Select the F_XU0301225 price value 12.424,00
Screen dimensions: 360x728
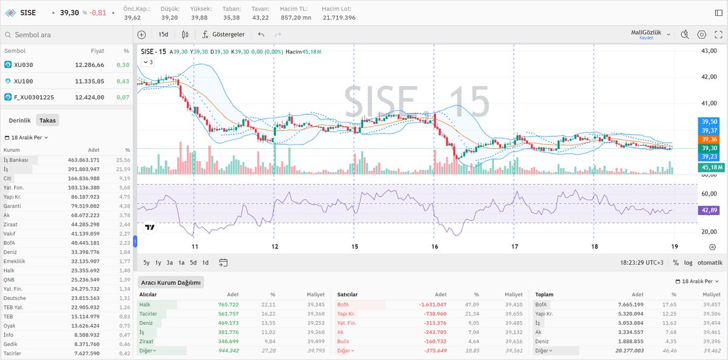pos(89,97)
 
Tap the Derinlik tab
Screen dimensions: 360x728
pos(19,121)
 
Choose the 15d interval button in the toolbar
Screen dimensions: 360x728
pos(163,35)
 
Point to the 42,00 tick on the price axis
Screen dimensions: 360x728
pos(708,77)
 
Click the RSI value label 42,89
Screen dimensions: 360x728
pos(709,209)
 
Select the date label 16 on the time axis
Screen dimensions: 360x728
pos(434,246)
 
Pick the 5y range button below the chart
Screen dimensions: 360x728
pos(147,263)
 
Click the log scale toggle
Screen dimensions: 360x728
pos(688,263)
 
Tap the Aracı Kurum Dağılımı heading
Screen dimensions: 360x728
pos(170,282)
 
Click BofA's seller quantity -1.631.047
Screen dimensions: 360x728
pos(433,304)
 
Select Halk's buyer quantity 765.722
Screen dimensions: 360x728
pos(225,304)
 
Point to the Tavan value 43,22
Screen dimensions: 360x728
pos(260,18)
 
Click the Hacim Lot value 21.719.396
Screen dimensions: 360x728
pos(339,18)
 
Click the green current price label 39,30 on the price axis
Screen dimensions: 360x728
pos(709,148)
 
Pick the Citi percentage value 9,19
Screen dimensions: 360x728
pos(124,178)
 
